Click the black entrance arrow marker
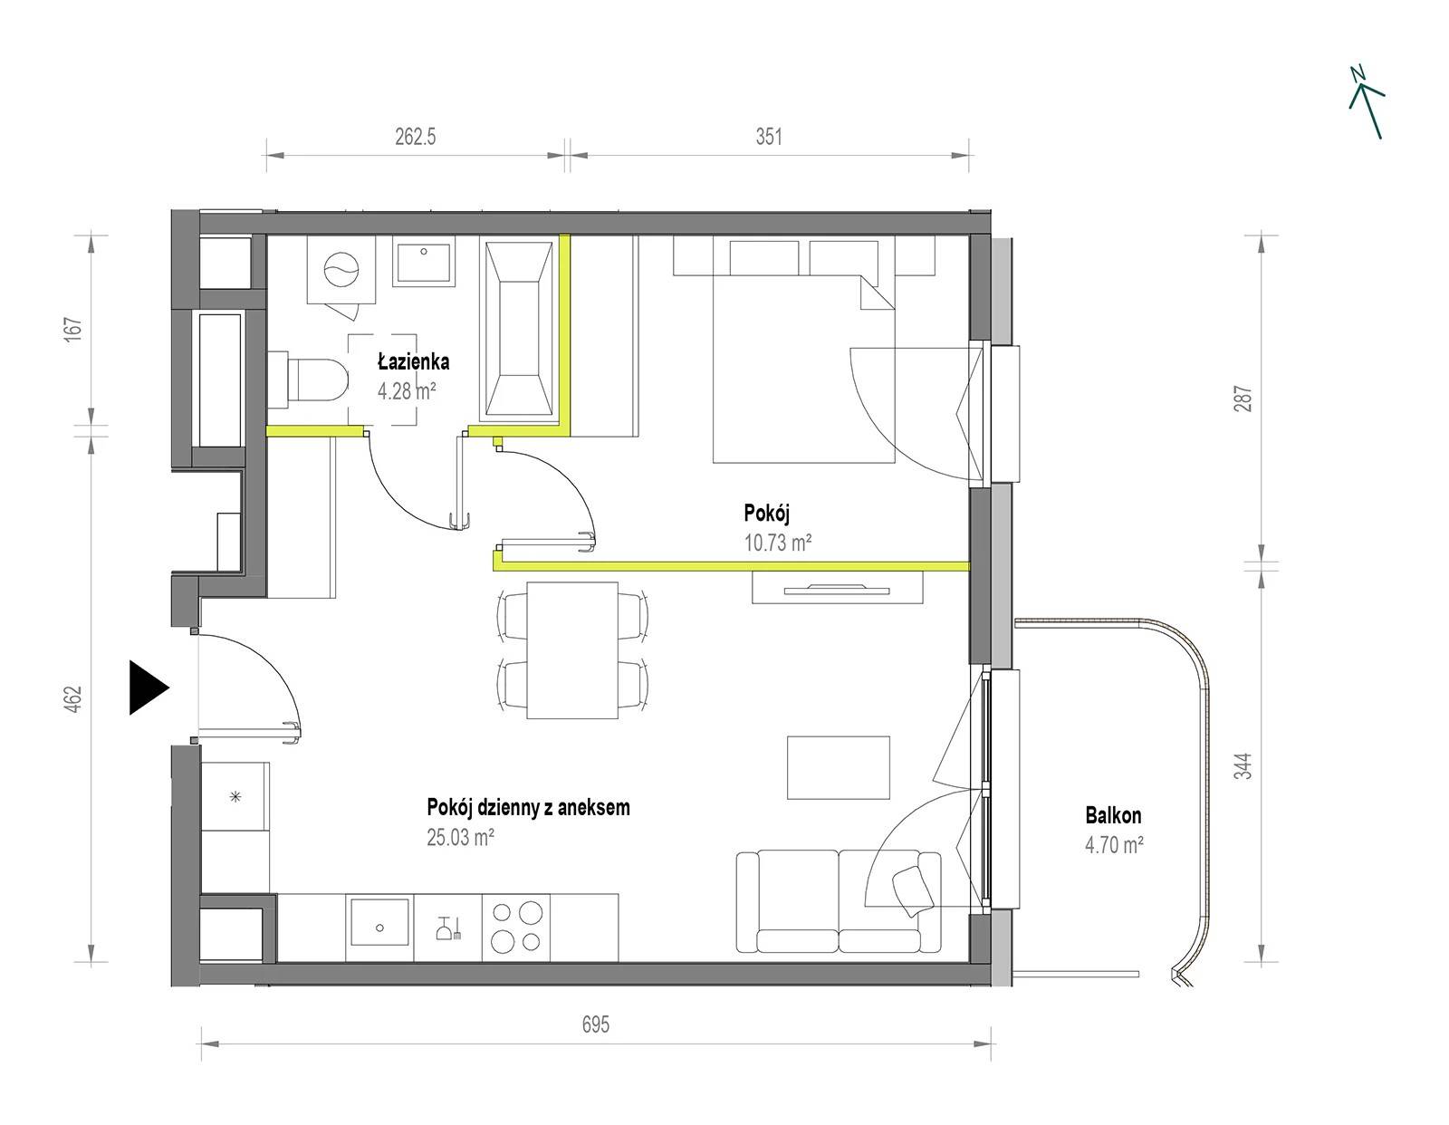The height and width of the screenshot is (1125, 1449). pos(148,687)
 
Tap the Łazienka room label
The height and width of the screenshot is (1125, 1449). pos(414,362)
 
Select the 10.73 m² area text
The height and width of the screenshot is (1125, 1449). pos(778,543)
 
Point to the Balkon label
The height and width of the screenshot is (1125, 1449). pos(1114,815)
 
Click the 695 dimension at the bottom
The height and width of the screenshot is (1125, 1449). pos(596,1024)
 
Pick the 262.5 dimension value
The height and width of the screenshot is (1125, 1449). pos(415,137)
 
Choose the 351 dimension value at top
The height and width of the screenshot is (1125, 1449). pos(768,137)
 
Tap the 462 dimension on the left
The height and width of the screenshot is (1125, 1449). pos(73,699)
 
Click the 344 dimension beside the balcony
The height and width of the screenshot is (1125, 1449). pos(1243,766)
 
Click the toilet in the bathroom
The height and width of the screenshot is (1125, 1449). pos(308,380)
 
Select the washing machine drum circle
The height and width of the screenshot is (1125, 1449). pos(341,271)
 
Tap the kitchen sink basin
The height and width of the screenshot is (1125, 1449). pos(380,921)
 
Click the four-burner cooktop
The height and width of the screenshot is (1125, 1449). pos(516,928)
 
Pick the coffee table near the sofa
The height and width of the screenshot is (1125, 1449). pos(839,767)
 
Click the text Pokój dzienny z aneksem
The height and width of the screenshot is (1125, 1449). pos(528,808)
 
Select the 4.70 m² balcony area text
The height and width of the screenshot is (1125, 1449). pos(1114,845)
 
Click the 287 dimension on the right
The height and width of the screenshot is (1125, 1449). pos(1243,399)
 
